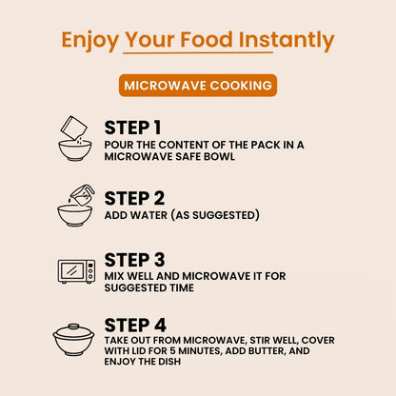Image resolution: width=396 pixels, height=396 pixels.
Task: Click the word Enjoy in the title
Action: [89, 41]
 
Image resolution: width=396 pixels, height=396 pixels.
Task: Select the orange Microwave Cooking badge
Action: [198, 86]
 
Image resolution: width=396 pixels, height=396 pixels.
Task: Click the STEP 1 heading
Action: [132, 128]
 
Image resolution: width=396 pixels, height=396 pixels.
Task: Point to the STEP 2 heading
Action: [134, 198]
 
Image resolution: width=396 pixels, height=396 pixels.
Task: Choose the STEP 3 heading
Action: [134, 260]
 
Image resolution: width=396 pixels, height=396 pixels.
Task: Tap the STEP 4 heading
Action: [135, 325]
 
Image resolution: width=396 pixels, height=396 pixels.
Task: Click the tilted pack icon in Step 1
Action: [74, 128]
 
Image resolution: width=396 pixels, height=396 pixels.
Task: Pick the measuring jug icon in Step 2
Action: [82, 194]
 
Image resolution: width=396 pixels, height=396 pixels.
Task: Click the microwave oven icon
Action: [76, 271]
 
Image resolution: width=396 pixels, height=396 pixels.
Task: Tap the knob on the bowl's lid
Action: [73, 327]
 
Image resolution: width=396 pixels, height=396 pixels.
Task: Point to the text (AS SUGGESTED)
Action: [215, 215]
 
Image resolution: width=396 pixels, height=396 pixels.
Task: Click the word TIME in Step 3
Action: [182, 287]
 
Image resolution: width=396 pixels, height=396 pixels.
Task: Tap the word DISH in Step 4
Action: [169, 362]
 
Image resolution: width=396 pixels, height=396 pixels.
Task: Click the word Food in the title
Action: [207, 40]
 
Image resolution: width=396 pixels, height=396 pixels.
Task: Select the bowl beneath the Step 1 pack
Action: [75, 150]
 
